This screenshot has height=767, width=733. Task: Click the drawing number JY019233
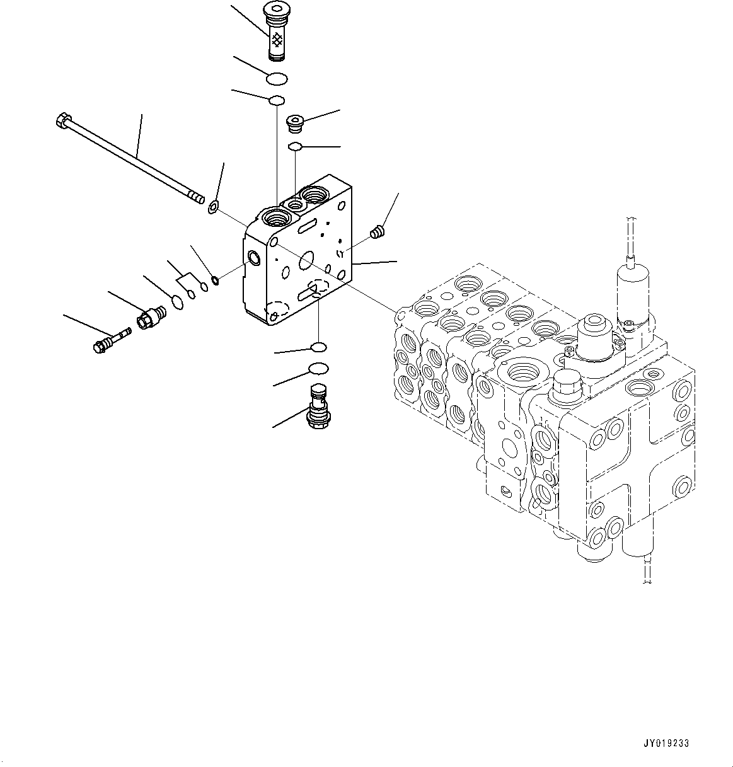666,744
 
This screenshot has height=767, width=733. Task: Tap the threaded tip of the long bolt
197,199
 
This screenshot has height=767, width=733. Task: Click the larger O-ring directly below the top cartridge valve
275,79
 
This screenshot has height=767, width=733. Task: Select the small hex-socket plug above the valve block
295,124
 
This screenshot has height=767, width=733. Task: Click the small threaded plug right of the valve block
378,233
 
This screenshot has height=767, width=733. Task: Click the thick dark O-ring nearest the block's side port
216,280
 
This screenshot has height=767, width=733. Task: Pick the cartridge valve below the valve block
319,405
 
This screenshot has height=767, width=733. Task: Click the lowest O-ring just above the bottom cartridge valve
319,369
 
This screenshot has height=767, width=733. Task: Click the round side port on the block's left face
254,257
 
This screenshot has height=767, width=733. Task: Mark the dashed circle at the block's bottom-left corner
277,309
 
